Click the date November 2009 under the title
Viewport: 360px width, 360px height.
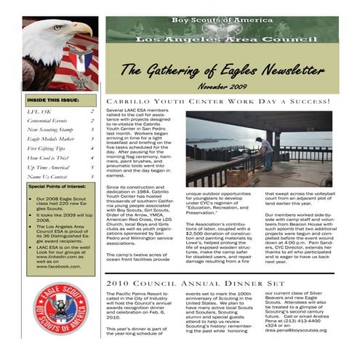(x=223, y=85)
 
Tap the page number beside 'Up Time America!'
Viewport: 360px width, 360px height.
(x=92, y=167)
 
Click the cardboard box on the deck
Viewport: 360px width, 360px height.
(x=237, y=175)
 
